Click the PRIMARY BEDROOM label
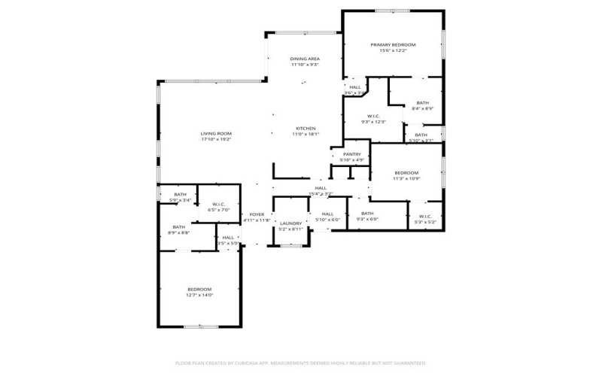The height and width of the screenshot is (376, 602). tap(393, 44)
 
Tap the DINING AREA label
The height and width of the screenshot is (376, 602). tap(305, 58)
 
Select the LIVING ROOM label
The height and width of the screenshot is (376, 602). tap(216, 133)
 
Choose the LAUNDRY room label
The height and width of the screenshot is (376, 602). tap(290, 223)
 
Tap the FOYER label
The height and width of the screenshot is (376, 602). tap(257, 214)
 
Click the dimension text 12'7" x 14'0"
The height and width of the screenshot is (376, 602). tap(199, 296)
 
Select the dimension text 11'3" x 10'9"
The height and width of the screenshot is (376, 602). tap(406, 179)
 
